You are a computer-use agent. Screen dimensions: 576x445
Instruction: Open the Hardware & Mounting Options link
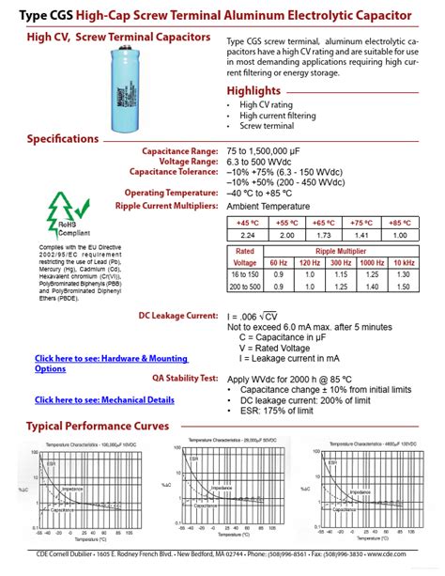tap(111, 364)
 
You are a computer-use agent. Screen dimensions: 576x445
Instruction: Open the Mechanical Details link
tap(104, 399)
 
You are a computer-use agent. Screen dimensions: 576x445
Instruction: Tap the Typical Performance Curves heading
tap(98, 426)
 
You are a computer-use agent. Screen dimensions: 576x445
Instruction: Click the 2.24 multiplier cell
tap(249, 235)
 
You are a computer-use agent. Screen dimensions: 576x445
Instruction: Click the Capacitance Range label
tap(180, 151)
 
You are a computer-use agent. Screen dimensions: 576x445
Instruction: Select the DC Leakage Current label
tap(178, 316)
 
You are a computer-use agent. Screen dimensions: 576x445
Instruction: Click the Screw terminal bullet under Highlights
tap(267, 126)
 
